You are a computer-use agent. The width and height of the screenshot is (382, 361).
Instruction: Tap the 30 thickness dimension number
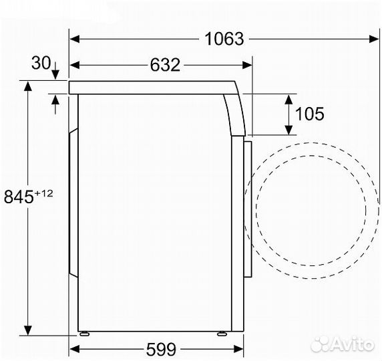(x=40, y=63)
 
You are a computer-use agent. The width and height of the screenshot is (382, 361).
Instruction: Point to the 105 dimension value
(x=310, y=114)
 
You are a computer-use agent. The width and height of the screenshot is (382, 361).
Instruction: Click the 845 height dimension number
(x=19, y=197)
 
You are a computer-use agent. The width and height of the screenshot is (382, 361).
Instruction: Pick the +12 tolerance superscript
(x=44, y=193)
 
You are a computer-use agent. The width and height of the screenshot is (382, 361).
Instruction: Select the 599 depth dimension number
(x=160, y=348)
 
